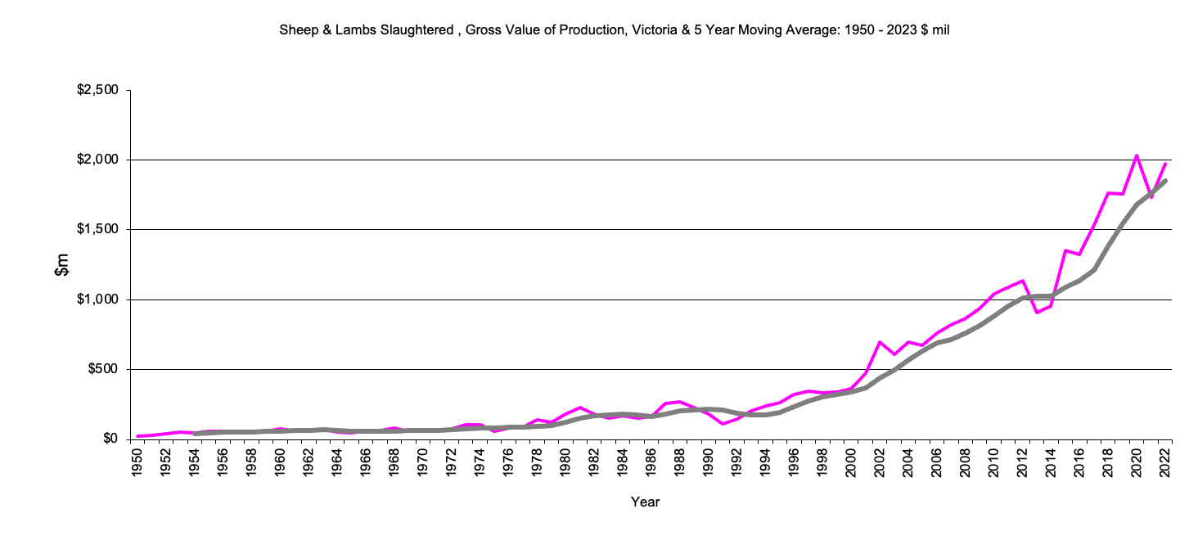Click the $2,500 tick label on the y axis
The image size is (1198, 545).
click(x=97, y=90)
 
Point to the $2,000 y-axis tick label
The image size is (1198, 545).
click(x=97, y=160)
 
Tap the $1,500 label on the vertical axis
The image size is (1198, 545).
click(x=97, y=229)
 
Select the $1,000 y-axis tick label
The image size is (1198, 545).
click(x=97, y=300)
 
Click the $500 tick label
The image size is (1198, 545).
click(x=102, y=369)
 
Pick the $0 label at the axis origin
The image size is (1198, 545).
click(x=109, y=439)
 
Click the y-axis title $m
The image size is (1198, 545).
click(x=62, y=265)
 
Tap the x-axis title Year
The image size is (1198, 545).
click(x=645, y=502)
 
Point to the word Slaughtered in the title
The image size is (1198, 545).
click(x=417, y=30)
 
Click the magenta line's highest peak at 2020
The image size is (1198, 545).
click(x=1136, y=155)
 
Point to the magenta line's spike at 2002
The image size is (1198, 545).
click(x=880, y=342)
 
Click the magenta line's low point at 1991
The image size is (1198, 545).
click(x=723, y=424)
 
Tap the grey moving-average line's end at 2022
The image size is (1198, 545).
click(x=1164, y=181)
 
